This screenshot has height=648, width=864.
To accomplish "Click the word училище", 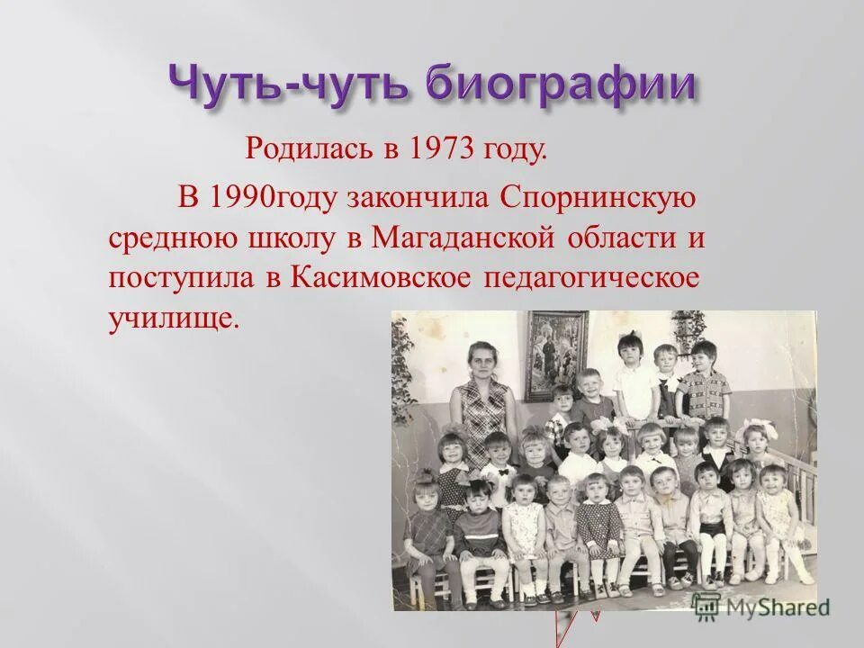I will pyautogui.click(x=174, y=319).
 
